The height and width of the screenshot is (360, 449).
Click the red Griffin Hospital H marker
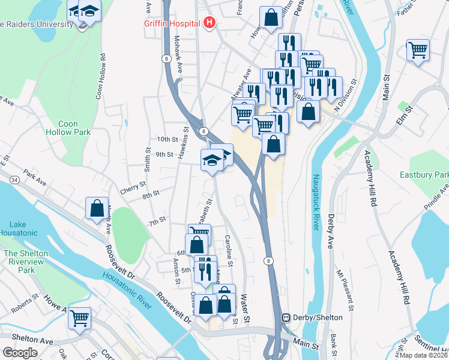[209, 23]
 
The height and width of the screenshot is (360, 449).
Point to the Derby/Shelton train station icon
[286, 317]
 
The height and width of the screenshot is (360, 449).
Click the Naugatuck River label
[316, 202]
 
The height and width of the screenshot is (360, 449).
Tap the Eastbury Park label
[424, 175]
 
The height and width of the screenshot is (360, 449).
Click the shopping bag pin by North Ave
[97, 208]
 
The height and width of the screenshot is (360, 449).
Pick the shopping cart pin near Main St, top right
[418, 50]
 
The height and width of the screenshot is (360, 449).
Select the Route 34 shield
[13, 179]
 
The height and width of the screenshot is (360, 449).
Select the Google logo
[20, 353]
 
